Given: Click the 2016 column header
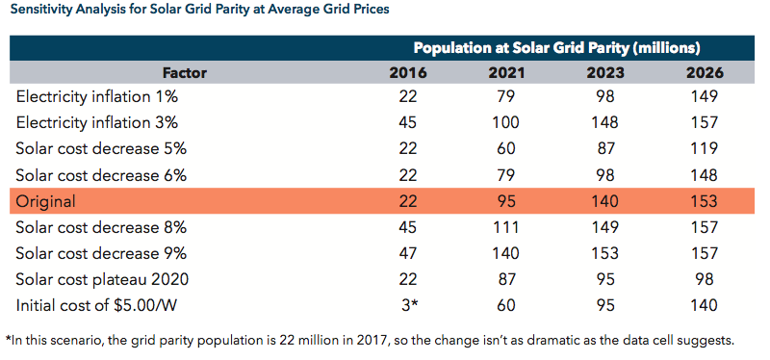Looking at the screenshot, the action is point(408,73).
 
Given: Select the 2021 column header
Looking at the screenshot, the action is point(506,73).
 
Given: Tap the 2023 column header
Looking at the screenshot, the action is point(605,73).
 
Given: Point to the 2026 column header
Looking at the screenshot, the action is point(706,73).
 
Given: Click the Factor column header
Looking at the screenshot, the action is point(185,73).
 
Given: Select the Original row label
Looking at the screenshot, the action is point(45,202).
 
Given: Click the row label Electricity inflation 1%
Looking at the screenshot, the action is point(97,97).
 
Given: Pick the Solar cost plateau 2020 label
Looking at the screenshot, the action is point(102,280).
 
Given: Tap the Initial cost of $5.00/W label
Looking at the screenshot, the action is point(96,306).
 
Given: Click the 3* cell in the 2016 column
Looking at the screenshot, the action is point(408,305).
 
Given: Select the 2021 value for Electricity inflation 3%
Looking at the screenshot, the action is point(506,122).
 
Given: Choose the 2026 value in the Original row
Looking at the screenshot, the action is point(706,201).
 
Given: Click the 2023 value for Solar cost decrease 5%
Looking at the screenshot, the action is point(605,148).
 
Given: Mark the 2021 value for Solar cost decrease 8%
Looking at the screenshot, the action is point(506,227).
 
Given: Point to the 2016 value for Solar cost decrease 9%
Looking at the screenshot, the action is point(408,253).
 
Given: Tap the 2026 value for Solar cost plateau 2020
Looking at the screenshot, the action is point(706,279).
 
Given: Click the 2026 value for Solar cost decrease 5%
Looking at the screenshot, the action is point(706,148).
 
